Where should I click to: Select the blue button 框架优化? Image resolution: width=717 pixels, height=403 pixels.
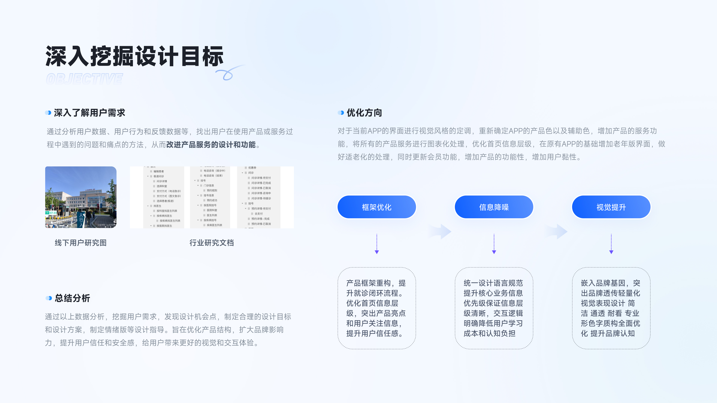[x=377, y=207]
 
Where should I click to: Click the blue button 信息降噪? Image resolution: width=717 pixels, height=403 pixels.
[x=494, y=207]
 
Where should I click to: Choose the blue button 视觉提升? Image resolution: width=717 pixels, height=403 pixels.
[x=611, y=207]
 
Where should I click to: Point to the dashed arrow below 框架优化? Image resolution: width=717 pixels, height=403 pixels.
[x=377, y=244]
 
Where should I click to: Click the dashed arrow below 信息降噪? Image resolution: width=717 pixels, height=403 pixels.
[x=494, y=244]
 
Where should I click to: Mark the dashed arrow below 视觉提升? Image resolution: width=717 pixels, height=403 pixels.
[x=611, y=244]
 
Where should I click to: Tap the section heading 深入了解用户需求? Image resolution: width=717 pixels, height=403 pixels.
[x=89, y=113]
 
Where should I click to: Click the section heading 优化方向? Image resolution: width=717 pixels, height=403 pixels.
[x=364, y=113]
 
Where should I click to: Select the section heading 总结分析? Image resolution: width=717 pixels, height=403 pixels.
[x=72, y=298]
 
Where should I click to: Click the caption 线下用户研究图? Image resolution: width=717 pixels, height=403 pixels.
[x=81, y=243]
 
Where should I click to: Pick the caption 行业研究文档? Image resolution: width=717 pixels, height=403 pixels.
[x=212, y=243]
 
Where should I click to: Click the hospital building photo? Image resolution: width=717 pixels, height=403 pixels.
[x=81, y=197]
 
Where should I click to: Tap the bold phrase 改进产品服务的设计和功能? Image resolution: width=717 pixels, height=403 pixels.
[x=211, y=145]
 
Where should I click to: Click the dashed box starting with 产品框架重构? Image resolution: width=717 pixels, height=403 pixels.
[x=377, y=308]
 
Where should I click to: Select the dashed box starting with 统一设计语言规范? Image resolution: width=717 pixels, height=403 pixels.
[x=494, y=308]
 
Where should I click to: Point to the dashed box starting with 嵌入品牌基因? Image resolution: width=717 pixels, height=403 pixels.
[x=611, y=308]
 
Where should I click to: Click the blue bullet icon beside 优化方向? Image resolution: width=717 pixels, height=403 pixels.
[x=341, y=113]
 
